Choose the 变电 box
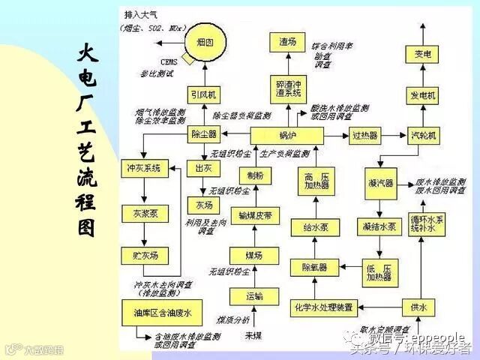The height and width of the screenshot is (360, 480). click(x=422, y=55)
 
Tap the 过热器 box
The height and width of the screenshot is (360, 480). click(x=365, y=135)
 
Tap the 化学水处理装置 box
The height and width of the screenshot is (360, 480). click(x=325, y=306)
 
